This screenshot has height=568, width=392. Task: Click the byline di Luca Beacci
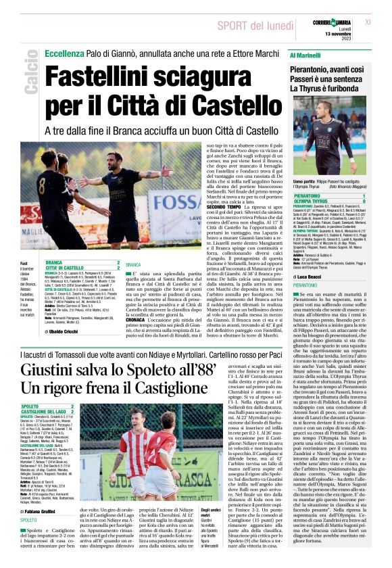pyautogui.click(x=312, y=277)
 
